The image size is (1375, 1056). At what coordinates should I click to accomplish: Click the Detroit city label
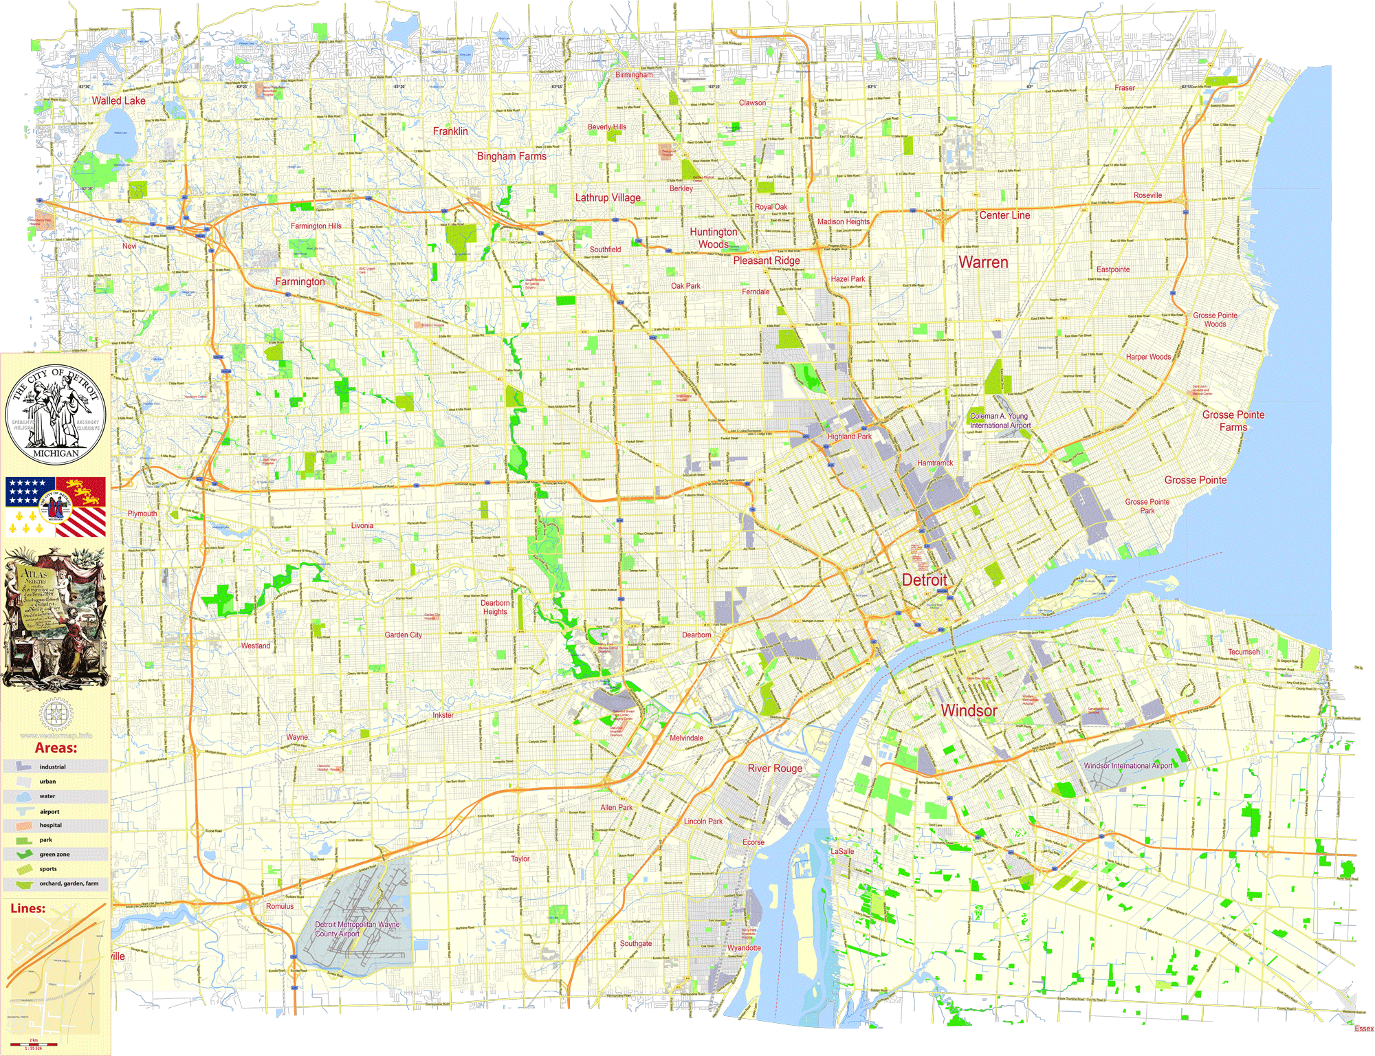(924, 580)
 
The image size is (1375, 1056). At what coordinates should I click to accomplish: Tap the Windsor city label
(969, 710)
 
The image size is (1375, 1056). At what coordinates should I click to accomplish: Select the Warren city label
(983, 263)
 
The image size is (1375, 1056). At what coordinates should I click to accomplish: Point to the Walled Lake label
(119, 100)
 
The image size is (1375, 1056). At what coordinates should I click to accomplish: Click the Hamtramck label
(935, 463)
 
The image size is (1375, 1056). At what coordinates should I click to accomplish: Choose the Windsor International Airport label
(1128, 765)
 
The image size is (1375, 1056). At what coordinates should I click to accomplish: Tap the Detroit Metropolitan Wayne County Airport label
(357, 929)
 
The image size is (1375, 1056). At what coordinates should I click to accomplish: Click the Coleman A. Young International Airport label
(1000, 421)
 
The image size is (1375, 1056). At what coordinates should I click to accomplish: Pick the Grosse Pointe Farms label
(1233, 421)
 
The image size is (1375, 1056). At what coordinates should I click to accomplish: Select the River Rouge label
(775, 769)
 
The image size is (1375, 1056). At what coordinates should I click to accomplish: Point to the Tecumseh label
(1244, 652)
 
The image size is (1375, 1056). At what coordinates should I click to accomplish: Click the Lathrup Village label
(608, 198)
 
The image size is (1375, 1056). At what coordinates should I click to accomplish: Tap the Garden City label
(403, 635)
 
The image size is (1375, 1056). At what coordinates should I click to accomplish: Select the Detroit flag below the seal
(56, 507)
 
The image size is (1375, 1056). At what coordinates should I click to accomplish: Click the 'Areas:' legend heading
(56, 748)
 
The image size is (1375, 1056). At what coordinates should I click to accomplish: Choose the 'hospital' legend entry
(50, 825)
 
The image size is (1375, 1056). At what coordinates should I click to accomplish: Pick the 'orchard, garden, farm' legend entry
(69, 883)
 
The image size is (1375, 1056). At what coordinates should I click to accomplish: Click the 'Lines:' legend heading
(27, 908)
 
